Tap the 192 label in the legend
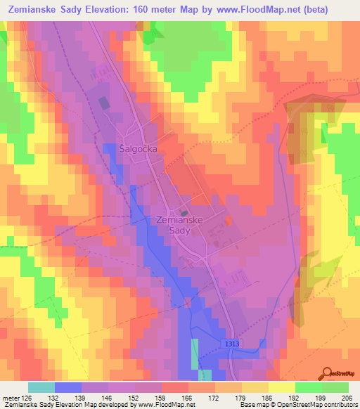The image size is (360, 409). pyautogui.click(x=281, y=397)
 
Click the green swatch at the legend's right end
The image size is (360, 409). pyautogui.click(x=335, y=387)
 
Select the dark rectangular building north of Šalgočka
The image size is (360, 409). pyautogui.click(x=104, y=103)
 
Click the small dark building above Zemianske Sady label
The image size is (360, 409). pyautogui.click(x=184, y=213)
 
